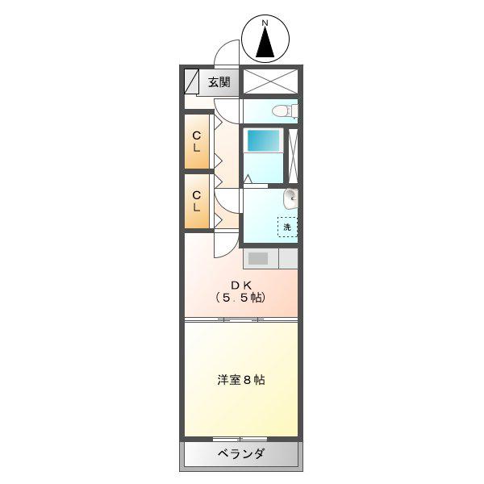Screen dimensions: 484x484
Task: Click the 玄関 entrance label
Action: (x=219, y=82)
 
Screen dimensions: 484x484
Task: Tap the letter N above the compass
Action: (x=265, y=23)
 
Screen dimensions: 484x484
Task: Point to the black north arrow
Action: (x=265, y=43)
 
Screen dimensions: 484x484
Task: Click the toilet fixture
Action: (x=285, y=111)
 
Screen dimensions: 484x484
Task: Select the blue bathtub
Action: (x=263, y=140)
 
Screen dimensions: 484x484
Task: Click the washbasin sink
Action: (x=290, y=198)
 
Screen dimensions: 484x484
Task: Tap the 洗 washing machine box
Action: (x=287, y=227)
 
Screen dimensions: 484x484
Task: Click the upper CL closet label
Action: (x=197, y=142)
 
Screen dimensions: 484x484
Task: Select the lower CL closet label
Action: (x=197, y=201)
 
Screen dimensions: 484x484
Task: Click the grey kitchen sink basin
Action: (x=258, y=258)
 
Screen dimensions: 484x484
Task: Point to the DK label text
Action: (x=241, y=286)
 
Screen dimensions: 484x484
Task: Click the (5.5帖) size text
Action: (x=240, y=298)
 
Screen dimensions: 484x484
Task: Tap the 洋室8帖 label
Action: (x=241, y=380)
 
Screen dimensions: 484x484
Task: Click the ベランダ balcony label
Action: (x=241, y=453)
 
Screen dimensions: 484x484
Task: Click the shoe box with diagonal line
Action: (x=191, y=81)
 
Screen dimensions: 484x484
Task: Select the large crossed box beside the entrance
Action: (x=270, y=81)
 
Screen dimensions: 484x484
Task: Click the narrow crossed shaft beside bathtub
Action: (x=293, y=156)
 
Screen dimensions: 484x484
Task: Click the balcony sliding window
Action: (x=240, y=439)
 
